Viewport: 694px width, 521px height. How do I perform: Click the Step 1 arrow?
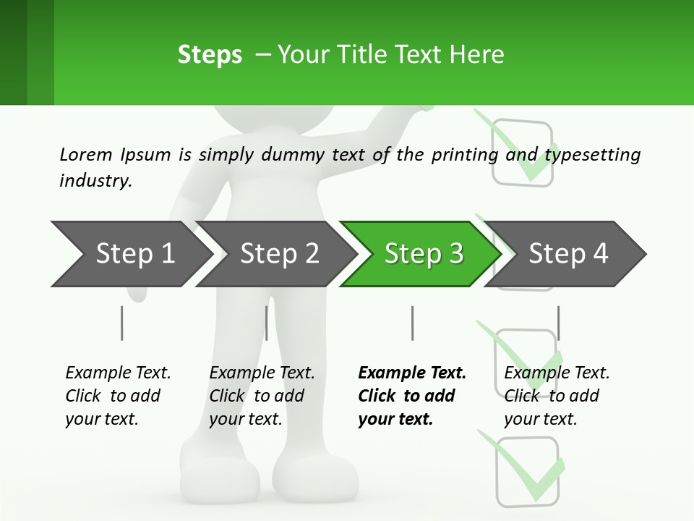point(130,253)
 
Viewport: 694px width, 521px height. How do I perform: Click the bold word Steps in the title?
point(210,55)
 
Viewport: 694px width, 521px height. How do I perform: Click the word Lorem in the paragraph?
point(85,154)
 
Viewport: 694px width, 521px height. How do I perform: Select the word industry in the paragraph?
point(94,180)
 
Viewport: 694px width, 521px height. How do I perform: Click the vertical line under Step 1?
point(121,323)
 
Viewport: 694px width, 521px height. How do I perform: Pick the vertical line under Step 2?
point(267,323)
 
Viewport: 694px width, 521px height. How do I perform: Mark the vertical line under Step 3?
point(412,323)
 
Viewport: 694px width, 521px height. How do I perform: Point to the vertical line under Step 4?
point(558,323)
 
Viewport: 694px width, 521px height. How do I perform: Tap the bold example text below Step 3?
point(411,396)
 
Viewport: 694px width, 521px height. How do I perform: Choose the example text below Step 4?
point(556,396)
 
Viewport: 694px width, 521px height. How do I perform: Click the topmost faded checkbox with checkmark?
point(522,148)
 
